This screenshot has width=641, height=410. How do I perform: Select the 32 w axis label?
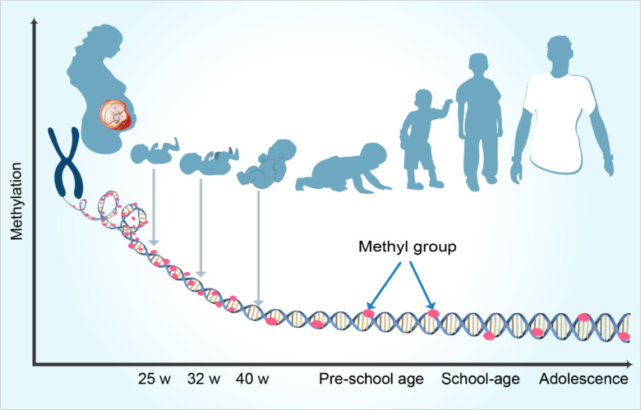204,380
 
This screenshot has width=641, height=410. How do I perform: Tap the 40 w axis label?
252,380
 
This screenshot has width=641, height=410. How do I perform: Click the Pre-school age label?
371,380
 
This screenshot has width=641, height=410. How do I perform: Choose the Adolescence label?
583,380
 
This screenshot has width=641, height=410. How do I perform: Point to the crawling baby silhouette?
332,173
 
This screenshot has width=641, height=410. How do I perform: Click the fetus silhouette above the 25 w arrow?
154,151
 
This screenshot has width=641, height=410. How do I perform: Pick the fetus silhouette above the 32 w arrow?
206,160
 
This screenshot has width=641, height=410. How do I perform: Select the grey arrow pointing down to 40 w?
258,246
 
